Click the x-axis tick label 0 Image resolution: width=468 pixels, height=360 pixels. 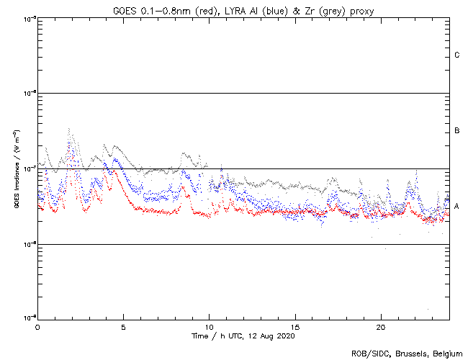(x=37, y=327)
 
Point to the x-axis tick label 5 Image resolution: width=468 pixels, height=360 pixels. (x=123, y=327)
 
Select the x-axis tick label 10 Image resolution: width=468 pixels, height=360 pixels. (x=210, y=327)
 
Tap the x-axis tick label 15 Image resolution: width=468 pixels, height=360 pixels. (x=295, y=327)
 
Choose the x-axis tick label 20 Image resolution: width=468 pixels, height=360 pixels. (x=381, y=327)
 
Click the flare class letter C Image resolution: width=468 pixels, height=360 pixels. (x=457, y=55)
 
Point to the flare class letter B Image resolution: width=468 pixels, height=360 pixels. (x=457, y=131)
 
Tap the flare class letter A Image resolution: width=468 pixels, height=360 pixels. (x=457, y=206)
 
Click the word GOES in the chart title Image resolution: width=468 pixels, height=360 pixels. (x=125, y=11)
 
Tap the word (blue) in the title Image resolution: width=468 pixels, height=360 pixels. (x=276, y=11)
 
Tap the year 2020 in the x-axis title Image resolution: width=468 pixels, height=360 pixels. (x=285, y=336)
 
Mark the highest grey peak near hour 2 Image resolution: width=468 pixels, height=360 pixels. (x=69, y=129)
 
